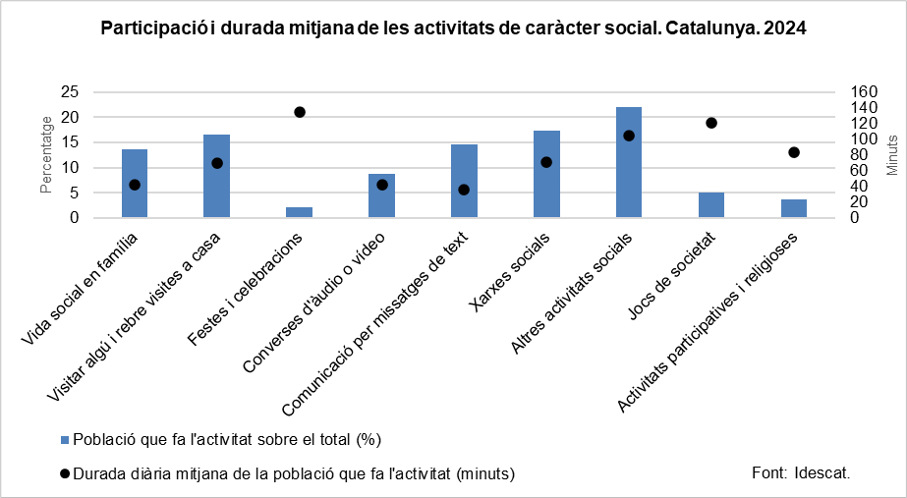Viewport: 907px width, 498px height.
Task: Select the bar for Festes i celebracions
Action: [x=299, y=213]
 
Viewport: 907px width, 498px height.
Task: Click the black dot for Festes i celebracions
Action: [x=300, y=112]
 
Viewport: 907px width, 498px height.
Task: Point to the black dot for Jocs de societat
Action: [x=711, y=123]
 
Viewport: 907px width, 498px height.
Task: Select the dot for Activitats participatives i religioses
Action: [x=794, y=152]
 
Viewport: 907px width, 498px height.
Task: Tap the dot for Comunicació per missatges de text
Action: [x=464, y=190]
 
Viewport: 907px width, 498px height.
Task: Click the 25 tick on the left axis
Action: [x=70, y=91]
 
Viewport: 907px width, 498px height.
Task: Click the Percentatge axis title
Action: [x=46, y=154]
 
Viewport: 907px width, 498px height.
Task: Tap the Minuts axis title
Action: [x=892, y=155]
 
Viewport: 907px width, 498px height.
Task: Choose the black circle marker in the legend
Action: [x=65, y=473]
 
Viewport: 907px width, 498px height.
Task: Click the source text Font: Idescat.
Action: [x=800, y=471]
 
